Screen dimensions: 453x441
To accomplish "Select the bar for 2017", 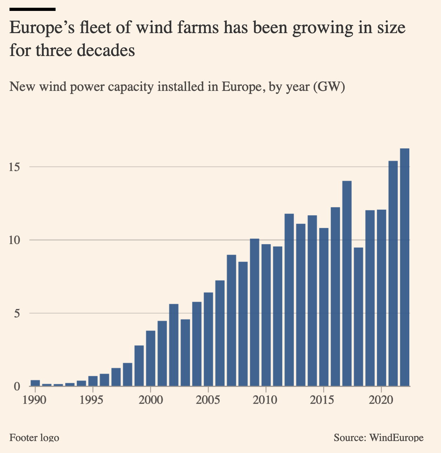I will click(x=347, y=283).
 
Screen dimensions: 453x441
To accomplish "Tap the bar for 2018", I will click(x=358, y=317).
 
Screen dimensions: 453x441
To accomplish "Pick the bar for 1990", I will click(x=35, y=383).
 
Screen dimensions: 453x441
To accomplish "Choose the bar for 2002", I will click(x=174, y=345).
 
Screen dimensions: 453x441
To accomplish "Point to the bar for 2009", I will click(x=255, y=312).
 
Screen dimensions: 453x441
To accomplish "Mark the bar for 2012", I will click(x=289, y=300).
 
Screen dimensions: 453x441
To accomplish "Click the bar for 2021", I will click(x=393, y=273).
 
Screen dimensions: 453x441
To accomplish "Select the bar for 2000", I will click(x=151, y=358).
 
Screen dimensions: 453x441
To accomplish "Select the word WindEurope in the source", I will click(x=396, y=438).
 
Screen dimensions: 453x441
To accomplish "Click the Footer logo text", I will click(x=34, y=438).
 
